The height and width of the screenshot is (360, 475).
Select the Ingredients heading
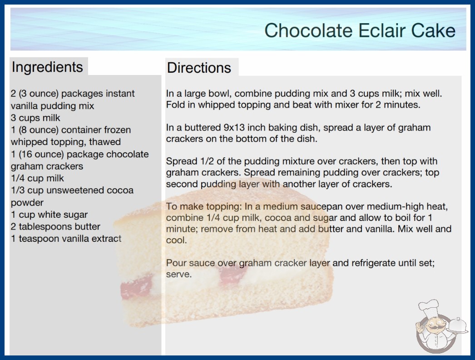[47, 67]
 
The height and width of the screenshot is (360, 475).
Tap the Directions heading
[199, 68]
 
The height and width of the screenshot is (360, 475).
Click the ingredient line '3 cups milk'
[35, 118]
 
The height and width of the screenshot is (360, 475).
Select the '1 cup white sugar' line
[49, 215]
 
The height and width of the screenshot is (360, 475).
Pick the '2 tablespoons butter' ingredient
[55, 226]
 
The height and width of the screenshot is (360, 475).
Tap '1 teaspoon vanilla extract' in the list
[66, 239]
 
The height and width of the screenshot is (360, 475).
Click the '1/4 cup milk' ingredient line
[37, 178]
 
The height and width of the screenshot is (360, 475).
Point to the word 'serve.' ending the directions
[179, 274]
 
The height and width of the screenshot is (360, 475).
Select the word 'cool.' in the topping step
[176, 240]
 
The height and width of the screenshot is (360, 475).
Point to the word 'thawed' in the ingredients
[105, 142]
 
